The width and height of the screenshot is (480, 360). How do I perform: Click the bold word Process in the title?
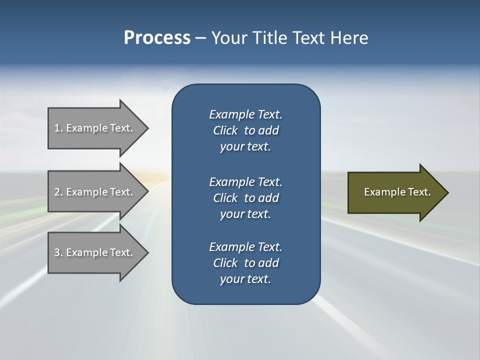(157, 38)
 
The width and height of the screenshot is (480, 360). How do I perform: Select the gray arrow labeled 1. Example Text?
(95, 128)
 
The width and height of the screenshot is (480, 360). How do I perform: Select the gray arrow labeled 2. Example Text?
(95, 192)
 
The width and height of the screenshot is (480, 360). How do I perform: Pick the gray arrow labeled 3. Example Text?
(95, 252)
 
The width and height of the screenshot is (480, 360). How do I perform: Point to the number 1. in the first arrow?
(58, 128)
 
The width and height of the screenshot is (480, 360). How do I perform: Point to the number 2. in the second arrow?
(58, 192)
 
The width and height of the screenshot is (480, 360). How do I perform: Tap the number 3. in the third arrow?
(58, 252)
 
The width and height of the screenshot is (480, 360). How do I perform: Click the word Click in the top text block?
(225, 130)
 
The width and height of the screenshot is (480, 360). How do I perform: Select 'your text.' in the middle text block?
(245, 214)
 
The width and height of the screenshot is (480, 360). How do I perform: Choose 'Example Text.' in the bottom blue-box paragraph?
(245, 247)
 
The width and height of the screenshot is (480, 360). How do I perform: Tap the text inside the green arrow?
(397, 192)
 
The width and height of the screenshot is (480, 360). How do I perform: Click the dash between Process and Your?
(200, 38)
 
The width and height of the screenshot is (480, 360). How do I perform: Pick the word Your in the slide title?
(227, 38)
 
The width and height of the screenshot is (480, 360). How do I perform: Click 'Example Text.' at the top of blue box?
(245, 114)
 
